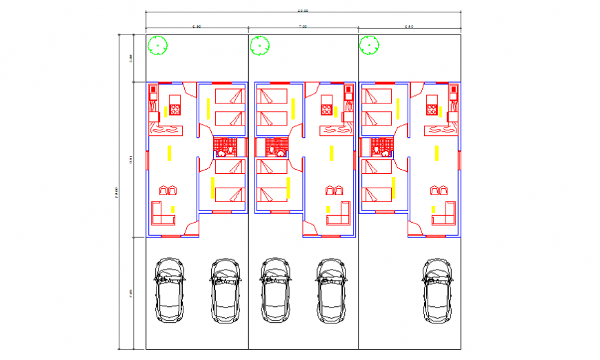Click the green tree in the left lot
tap(158, 46)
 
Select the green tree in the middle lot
tap(260, 46)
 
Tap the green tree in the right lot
tap(370, 46)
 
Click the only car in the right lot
tap(438, 290)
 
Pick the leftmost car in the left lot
tap(170, 290)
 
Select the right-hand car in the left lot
tap(225, 290)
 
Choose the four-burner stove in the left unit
tap(175, 109)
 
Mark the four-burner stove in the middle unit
tap(326, 109)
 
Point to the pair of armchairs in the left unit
tap(168, 190)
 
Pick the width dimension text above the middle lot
tap(302, 26)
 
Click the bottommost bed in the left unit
tap(230, 193)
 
